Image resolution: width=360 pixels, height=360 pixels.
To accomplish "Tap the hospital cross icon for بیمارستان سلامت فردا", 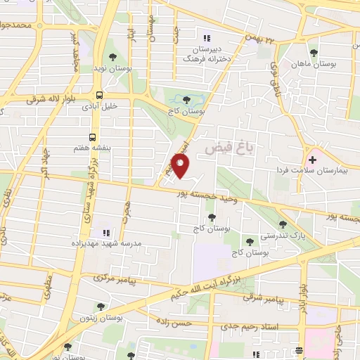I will (312, 160).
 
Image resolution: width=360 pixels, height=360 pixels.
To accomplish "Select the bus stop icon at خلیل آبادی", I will (99, 94).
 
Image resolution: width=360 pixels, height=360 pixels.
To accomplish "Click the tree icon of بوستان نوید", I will (112, 58).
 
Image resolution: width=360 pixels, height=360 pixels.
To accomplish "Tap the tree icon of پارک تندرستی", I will (283, 224).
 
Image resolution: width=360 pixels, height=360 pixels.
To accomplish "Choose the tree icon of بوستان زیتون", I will (101, 307).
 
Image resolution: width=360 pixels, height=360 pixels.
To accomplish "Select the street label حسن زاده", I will (188, 323).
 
